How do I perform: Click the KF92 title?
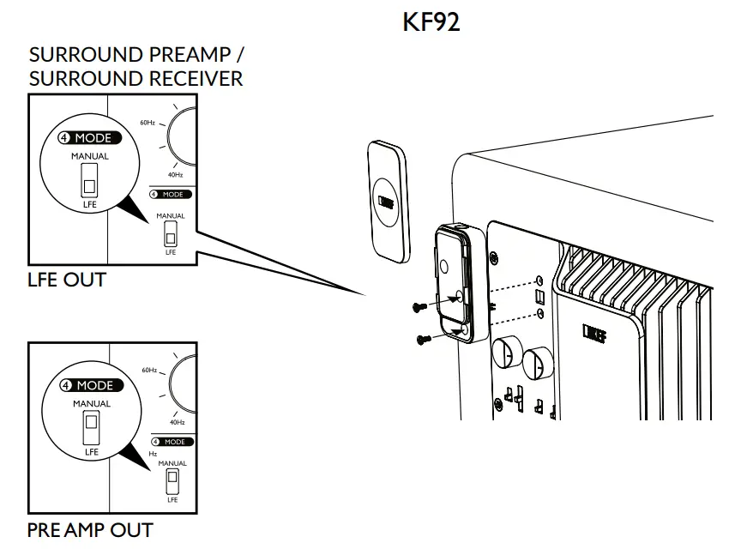pyautogui.click(x=431, y=22)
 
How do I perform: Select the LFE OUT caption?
pyautogui.click(x=66, y=279)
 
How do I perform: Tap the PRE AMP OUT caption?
pyautogui.click(x=90, y=529)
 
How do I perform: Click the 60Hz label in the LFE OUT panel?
pyautogui.click(x=147, y=123)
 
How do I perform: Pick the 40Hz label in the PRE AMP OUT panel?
pyautogui.click(x=177, y=422)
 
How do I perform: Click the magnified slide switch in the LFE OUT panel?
pyautogui.click(x=88, y=183)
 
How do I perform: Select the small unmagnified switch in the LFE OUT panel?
pyautogui.click(x=171, y=233)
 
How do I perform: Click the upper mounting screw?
pyautogui.click(x=420, y=306)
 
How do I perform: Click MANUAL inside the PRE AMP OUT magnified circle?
pyautogui.click(x=91, y=404)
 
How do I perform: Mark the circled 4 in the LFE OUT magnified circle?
pyautogui.click(x=63, y=138)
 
